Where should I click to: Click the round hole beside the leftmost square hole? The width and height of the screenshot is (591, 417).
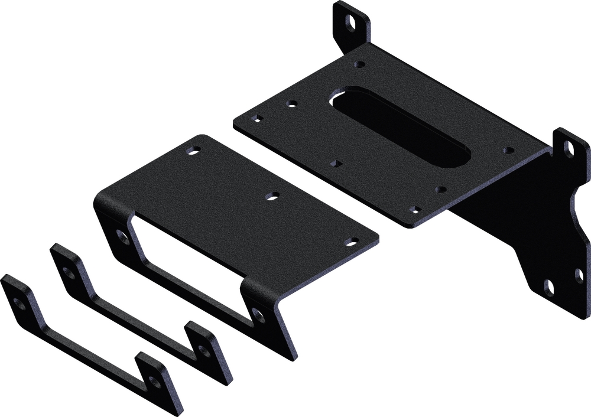pos(291,104)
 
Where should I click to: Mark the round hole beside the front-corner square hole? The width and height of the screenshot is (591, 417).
pos(440,190)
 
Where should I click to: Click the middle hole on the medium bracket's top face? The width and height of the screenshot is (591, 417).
pos(272,196)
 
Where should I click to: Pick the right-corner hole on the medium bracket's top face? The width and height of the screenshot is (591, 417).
pos(352,242)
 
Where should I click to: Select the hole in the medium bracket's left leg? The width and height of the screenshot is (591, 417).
pos(123,237)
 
